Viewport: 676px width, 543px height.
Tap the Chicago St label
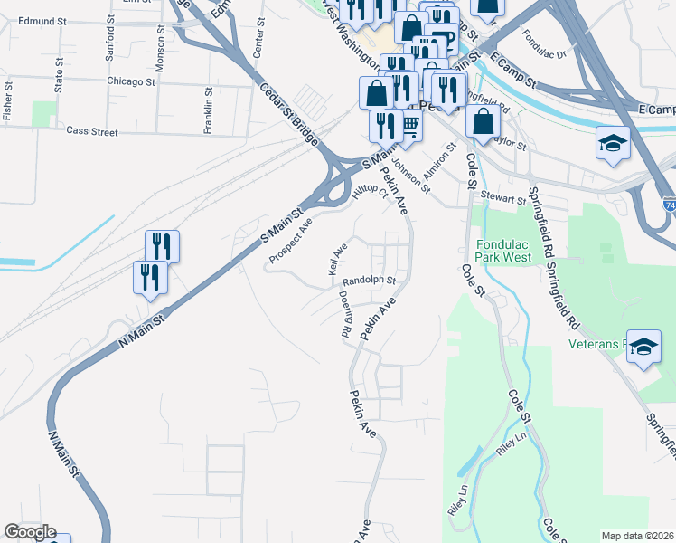131,81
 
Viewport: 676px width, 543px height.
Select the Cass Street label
92,131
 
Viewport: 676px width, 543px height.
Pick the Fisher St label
8,105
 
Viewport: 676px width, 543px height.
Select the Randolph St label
370,281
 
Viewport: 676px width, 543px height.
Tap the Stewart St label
502,198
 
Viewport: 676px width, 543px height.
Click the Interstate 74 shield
669,206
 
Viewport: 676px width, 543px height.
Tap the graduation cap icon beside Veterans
643,347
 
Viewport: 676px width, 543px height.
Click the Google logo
30,532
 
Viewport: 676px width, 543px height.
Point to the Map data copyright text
637,536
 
